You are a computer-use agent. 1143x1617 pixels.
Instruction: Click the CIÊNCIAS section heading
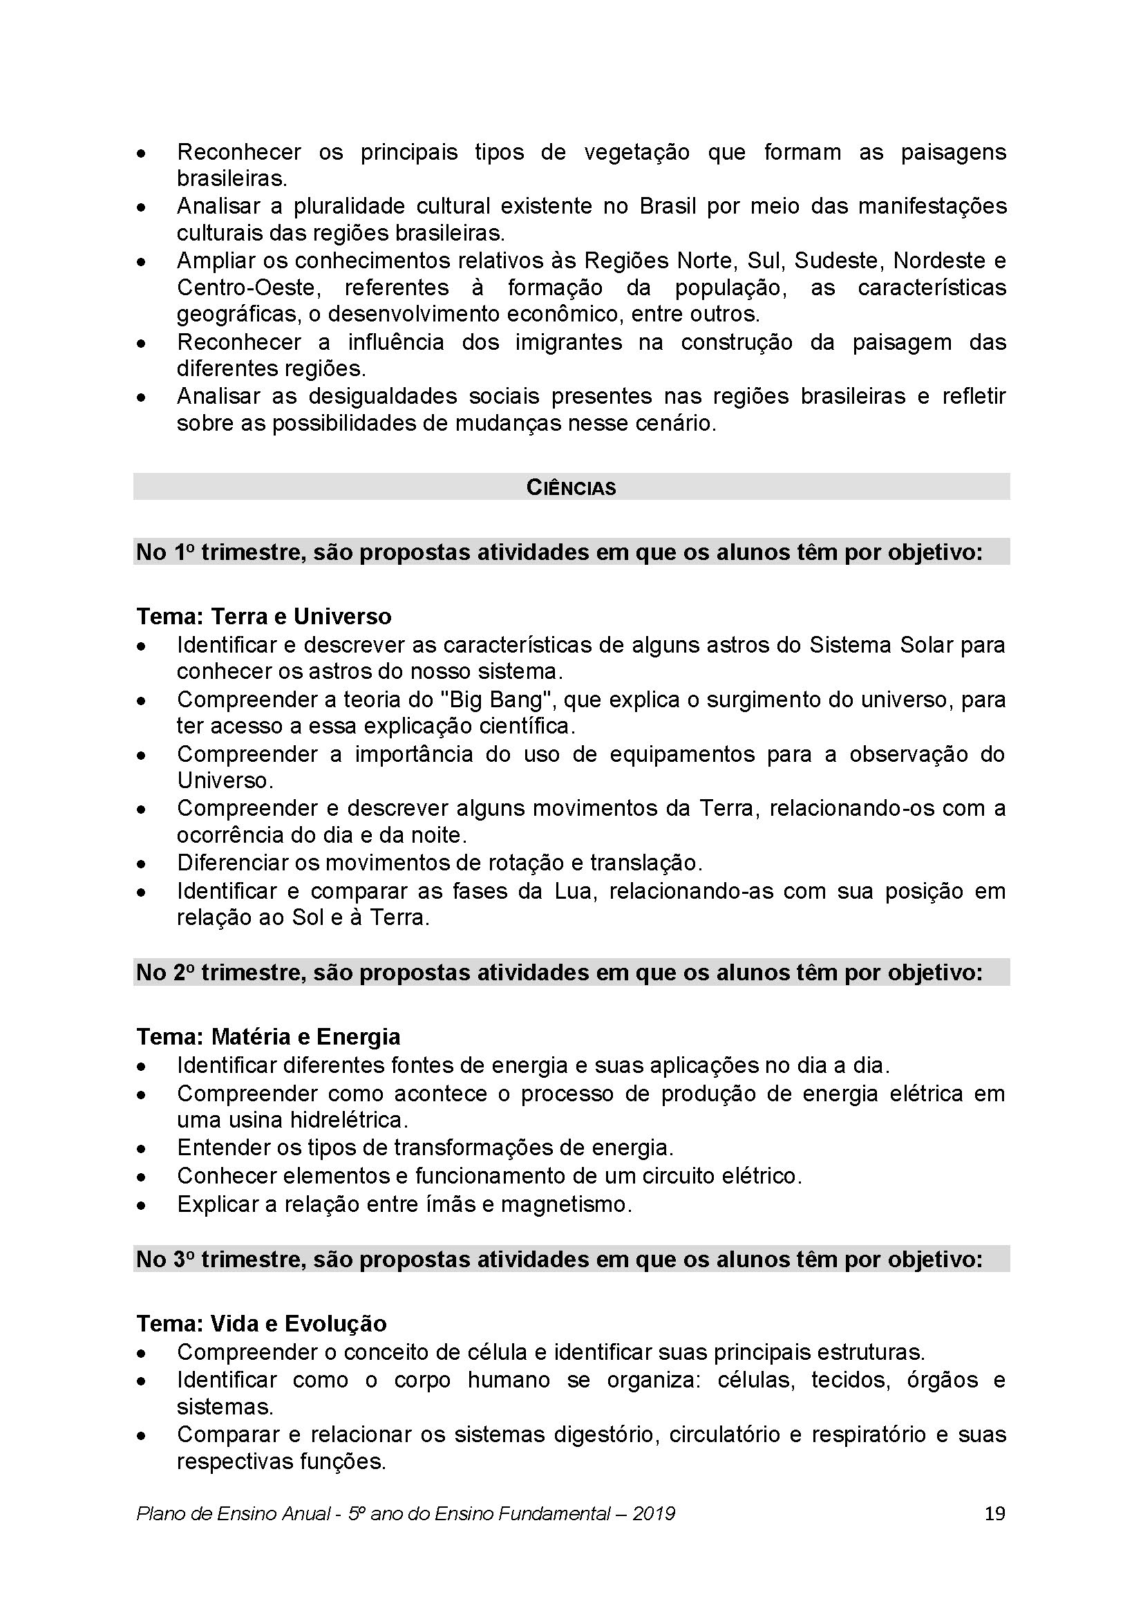tap(571, 488)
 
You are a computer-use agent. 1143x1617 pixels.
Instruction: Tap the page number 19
tap(994, 1513)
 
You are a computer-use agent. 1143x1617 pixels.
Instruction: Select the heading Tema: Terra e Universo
tap(264, 616)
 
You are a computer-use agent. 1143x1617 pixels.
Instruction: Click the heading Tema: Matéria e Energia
tap(268, 1037)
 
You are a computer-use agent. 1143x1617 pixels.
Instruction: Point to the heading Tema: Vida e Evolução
tap(261, 1324)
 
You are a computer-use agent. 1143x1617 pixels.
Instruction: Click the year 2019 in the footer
tap(653, 1513)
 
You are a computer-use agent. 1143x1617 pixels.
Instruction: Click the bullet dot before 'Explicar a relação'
tap(142, 1206)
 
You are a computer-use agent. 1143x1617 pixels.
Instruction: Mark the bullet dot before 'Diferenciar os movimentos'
tap(142, 864)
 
